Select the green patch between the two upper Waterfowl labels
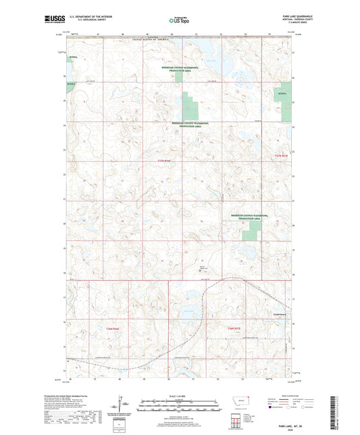[193, 109]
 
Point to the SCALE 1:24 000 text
[181, 396]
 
